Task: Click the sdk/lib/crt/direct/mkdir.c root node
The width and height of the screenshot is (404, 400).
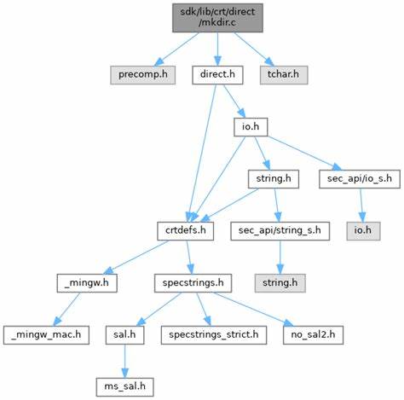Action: tap(217, 18)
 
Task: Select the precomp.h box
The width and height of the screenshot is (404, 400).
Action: tap(143, 75)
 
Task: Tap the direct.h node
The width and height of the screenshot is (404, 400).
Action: tap(217, 75)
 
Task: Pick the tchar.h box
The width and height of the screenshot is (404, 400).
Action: tap(284, 75)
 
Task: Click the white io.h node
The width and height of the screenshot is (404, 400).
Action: tap(251, 127)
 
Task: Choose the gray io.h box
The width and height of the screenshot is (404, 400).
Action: tap(363, 231)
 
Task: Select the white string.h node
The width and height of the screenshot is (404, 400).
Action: tap(274, 179)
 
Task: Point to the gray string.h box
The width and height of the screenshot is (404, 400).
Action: tap(280, 283)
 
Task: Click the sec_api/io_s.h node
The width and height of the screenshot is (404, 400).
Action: tap(360, 179)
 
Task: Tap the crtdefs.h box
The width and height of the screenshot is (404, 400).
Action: tap(186, 231)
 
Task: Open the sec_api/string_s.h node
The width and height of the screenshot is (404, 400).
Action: tap(280, 231)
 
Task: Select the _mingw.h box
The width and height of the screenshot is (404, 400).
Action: tap(87, 283)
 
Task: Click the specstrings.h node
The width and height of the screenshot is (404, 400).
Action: tap(193, 283)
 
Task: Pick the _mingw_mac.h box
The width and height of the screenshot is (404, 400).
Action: tap(46, 335)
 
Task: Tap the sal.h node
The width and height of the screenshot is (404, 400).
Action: tap(124, 335)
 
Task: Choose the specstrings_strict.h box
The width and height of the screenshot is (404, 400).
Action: tap(214, 335)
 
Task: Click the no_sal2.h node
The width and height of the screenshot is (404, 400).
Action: tap(313, 335)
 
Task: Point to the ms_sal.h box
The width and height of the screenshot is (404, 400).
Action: tap(124, 387)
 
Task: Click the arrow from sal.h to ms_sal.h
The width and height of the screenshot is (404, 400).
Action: tap(124, 362)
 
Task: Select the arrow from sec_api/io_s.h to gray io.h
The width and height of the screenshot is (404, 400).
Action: tap(361, 206)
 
